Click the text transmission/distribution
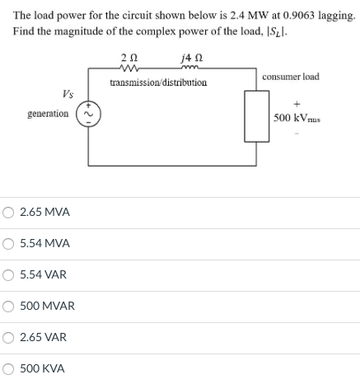(157, 82)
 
